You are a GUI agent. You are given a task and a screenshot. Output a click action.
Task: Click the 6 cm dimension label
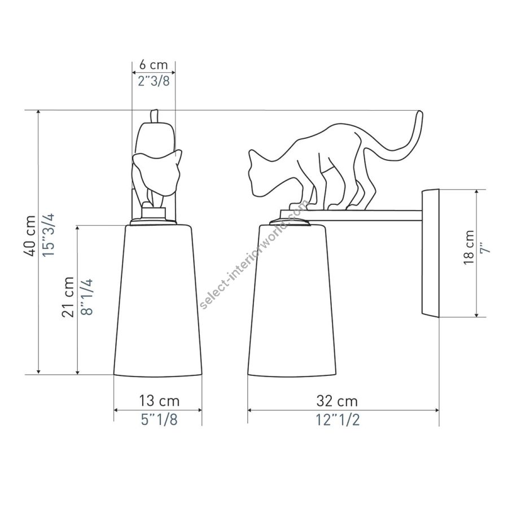click(x=154, y=65)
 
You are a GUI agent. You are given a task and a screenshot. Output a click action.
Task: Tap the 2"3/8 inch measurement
click(x=154, y=81)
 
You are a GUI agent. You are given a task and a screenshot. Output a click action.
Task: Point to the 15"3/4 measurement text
click(x=49, y=235)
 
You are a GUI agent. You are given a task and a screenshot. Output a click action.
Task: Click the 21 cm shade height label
click(x=68, y=296)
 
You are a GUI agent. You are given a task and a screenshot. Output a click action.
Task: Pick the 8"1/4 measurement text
click(x=87, y=296)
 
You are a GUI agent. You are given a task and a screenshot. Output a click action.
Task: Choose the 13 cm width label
click(x=159, y=401)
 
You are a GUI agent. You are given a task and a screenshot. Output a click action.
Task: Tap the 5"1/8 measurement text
click(x=159, y=419)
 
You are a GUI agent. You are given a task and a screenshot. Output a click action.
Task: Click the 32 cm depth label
click(x=337, y=401)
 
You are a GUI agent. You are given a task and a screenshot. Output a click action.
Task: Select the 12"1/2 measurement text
click(x=338, y=420)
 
